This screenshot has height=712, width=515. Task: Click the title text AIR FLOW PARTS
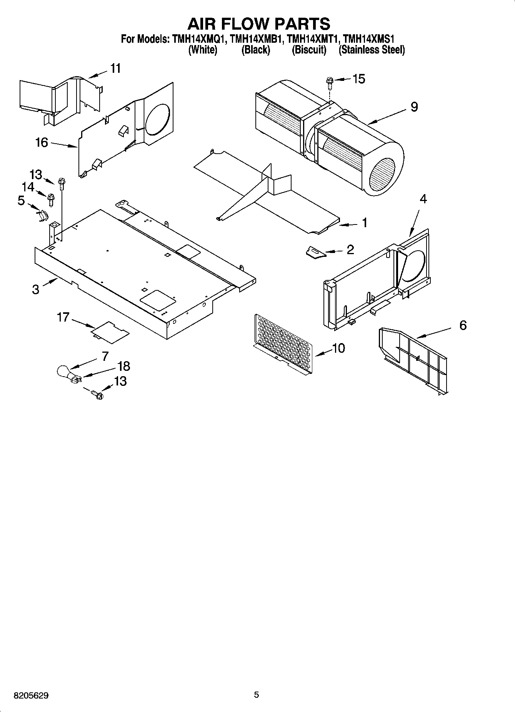[x=258, y=24]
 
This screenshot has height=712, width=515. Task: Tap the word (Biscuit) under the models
[x=309, y=50]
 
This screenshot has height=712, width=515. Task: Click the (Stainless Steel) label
[x=372, y=50]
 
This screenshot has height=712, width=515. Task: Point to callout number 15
[x=358, y=79]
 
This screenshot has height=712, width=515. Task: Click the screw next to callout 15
[x=330, y=81]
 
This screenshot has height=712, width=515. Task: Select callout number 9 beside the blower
[x=414, y=107]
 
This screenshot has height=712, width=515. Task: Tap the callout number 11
[x=115, y=69]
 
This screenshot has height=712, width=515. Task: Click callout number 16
[x=42, y=142]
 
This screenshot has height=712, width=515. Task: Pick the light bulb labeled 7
[x=63, y=372]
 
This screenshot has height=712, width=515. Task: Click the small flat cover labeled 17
[x=110, y=332]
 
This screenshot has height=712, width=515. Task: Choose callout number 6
[x=463, y=325]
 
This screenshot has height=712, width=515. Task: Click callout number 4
[x=423, y=199]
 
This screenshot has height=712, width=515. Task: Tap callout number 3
[x=36, y=289]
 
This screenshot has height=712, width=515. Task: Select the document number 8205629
[x=31, y=695]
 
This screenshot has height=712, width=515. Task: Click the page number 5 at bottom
[x=257, y=695]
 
